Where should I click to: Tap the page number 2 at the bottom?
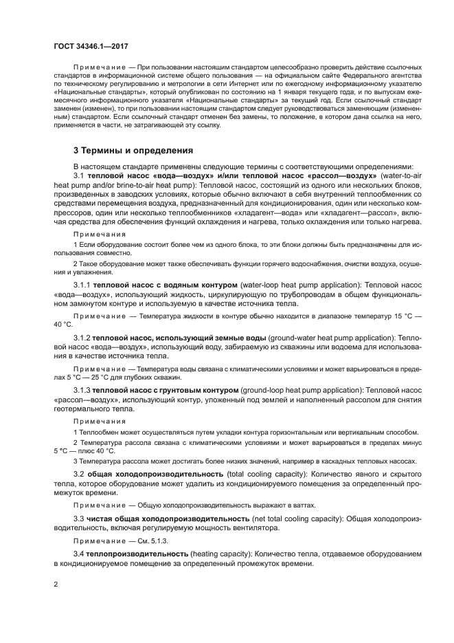[x=56, y=584]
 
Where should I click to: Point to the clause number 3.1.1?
[x=85, y=285]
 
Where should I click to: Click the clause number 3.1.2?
[x=85, y=337]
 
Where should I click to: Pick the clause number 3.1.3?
[x=85, y=390]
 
